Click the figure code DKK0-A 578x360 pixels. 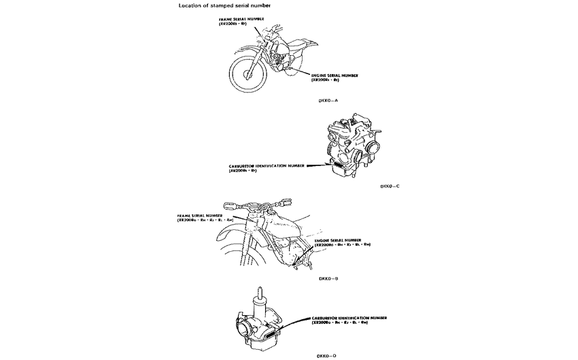[x=328, y=99]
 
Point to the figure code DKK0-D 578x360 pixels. [x=327, y=355]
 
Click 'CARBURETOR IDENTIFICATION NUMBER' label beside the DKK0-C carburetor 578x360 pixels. [x=267, y=165]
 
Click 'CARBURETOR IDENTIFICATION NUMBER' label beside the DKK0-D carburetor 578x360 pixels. [x=349, y=317]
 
